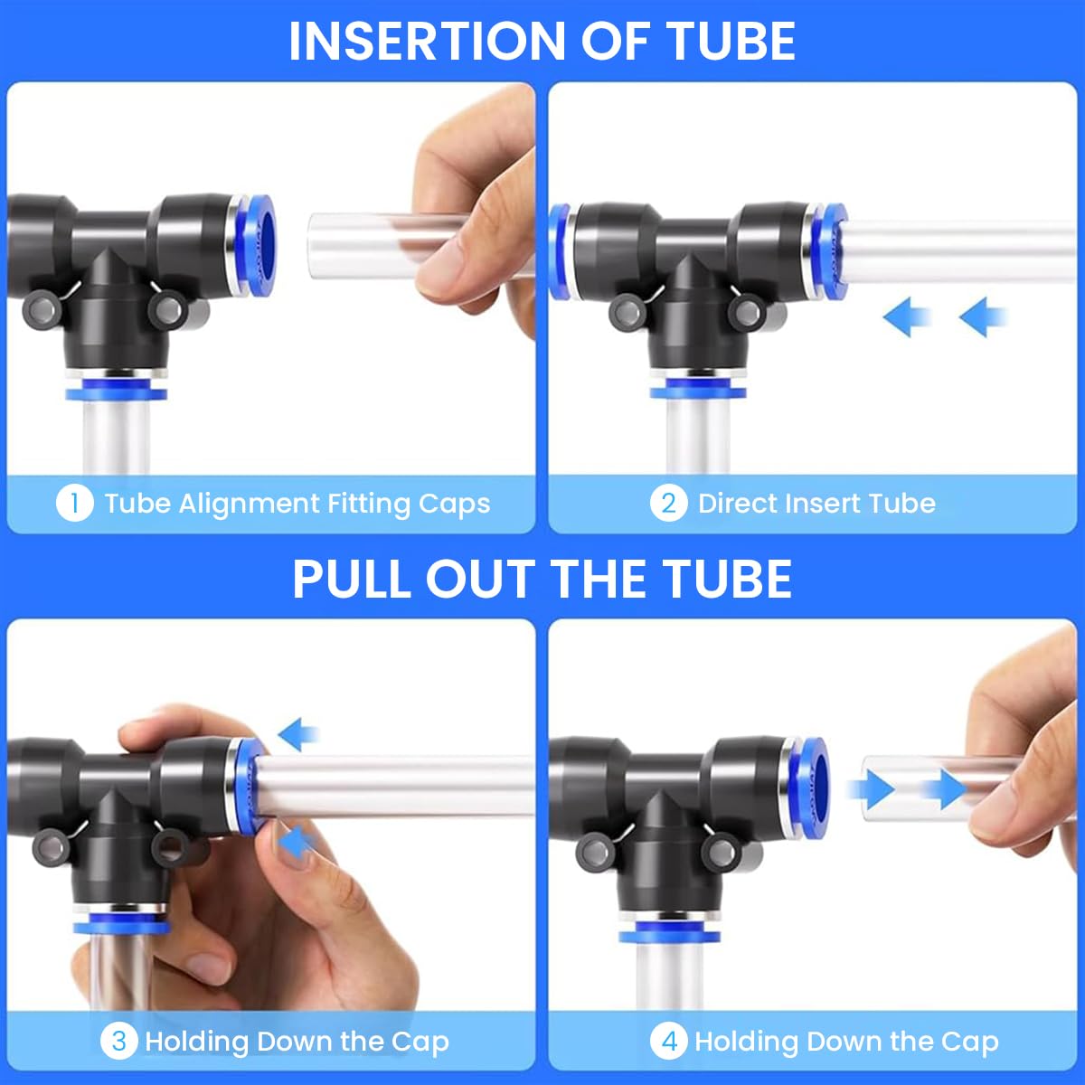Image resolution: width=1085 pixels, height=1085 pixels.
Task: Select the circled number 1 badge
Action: click(x=74, y=503)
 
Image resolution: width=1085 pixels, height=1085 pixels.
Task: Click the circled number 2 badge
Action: click(x=668, y=503)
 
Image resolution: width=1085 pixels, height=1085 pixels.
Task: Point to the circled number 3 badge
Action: click(x=118, y=1041)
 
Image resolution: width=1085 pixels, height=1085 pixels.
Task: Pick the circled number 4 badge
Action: click(x=668, y=1041)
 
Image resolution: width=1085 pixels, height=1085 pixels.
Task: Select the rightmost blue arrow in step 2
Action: click(x=983, y=318)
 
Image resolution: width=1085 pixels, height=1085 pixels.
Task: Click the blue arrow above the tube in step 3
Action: click(x=299, y=734)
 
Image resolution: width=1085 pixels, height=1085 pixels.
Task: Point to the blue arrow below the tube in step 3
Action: click(x=295, y=843)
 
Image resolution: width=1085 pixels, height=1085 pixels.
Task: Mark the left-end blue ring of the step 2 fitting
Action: click(x=558, y=250)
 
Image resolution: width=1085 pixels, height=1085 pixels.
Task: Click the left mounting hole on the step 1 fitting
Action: click(x=42, y=310)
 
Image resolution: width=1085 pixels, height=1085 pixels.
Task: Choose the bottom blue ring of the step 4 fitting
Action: click(x=670, y=933)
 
